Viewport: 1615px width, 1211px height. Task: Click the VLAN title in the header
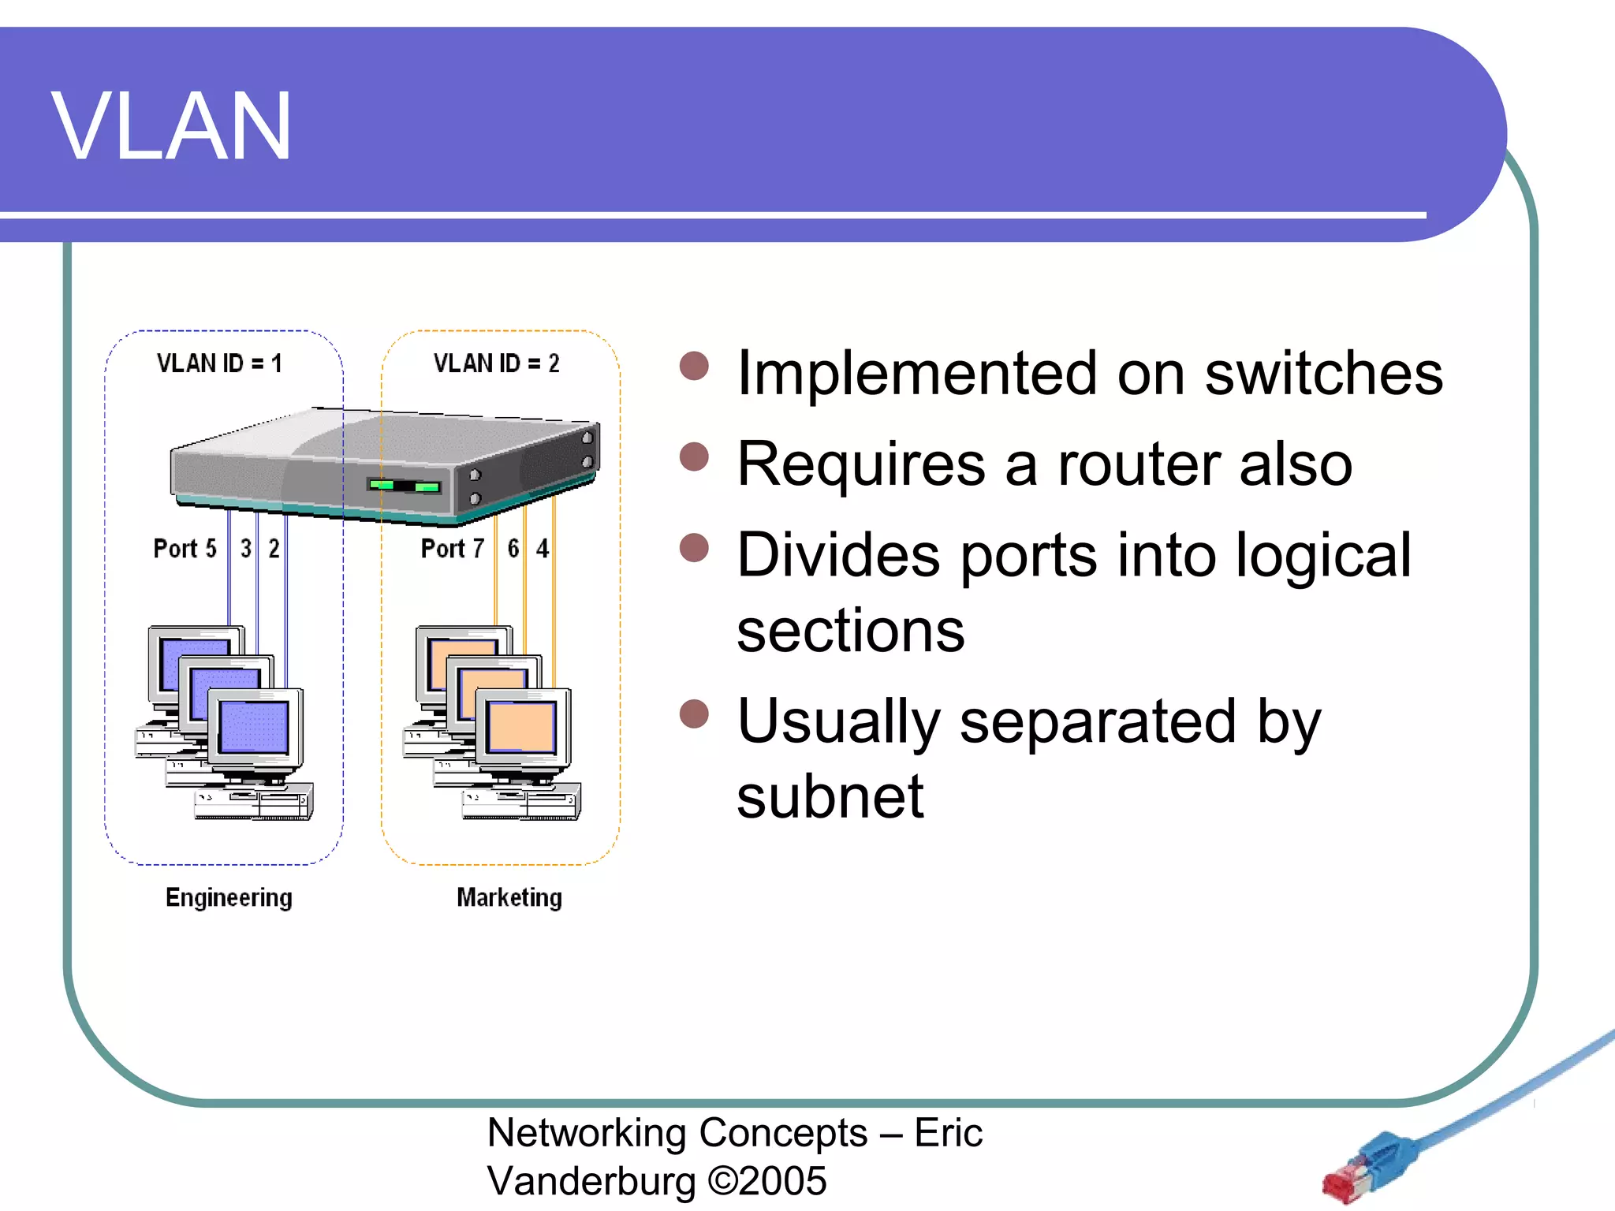pos(171,127)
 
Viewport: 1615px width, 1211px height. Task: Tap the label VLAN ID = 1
pos(218,363)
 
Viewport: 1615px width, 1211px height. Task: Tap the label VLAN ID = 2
pos(496,363)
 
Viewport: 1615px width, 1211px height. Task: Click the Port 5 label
pos(185,549)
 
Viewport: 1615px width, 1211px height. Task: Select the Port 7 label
pos(452,549)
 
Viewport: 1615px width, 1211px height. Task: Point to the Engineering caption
pos(229,897)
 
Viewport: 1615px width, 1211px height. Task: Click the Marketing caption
pos(509,897)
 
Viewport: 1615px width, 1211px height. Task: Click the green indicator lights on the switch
pos(405,486)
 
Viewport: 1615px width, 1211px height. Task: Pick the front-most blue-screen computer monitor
pos(255,726)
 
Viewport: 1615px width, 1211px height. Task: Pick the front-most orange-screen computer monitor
pos(522,726)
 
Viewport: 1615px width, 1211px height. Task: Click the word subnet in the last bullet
pos(830,797)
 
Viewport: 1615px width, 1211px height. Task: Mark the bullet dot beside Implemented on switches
pos(694,366)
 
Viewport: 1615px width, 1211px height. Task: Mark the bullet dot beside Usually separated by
pos(694,714)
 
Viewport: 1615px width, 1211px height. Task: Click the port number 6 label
pos(513,549)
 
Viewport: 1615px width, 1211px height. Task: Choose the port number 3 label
pos(246,549)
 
